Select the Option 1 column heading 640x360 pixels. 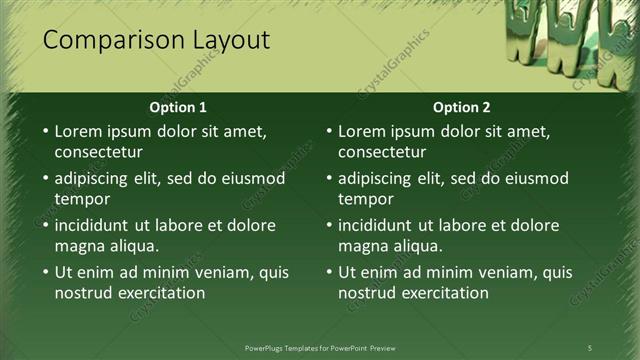click(178, 107)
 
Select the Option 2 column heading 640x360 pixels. click(461, 107)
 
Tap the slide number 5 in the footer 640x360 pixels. click(590, 347)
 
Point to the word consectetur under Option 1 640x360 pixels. click(98, 152)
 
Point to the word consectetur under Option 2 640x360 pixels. click(382, 152)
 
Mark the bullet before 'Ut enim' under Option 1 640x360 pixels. click(44, 272)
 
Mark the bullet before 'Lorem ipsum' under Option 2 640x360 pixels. click(328, 131)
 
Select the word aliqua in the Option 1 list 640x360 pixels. click(133, 246)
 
